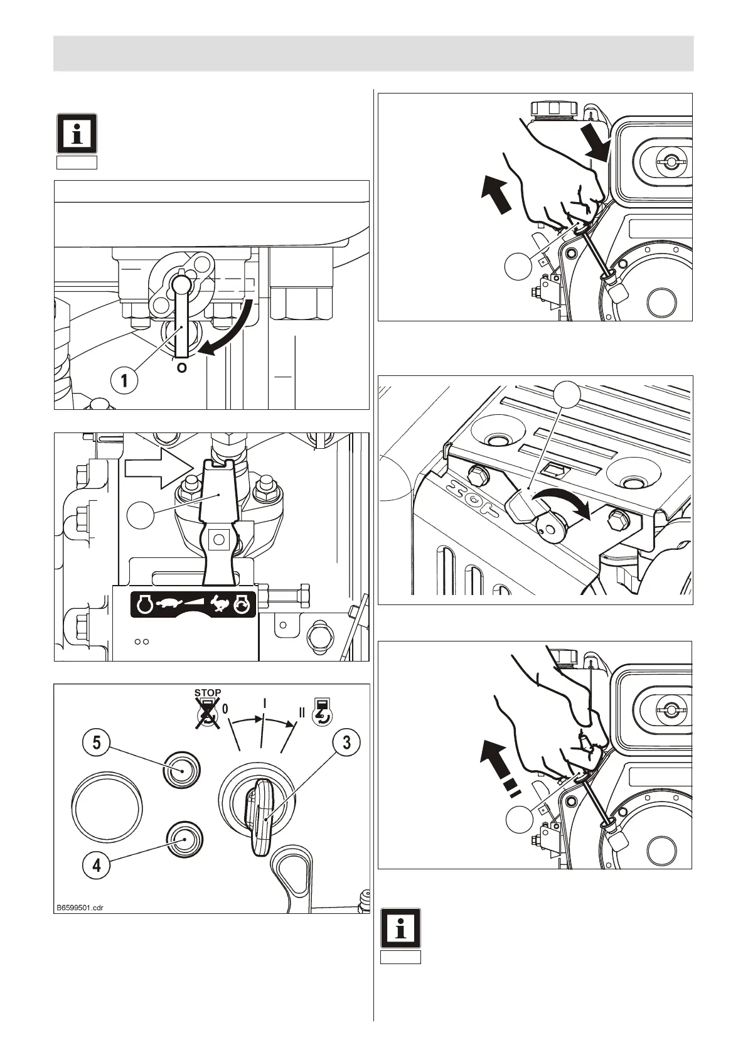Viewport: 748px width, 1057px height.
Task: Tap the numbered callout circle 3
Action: tap(346, 743)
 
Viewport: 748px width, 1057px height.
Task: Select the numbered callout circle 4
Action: tap(96, 866)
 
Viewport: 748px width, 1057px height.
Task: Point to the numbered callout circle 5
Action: tap(96, 743)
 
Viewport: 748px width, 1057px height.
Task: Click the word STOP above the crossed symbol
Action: tap(208, 693)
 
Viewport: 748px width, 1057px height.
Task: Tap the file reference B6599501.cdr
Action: tap(80, 908)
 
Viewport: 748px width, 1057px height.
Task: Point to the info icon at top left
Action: tap(77, 134)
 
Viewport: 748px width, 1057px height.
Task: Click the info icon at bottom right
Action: tap(400, 928)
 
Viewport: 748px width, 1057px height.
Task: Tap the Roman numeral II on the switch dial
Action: tap(301, 712)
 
